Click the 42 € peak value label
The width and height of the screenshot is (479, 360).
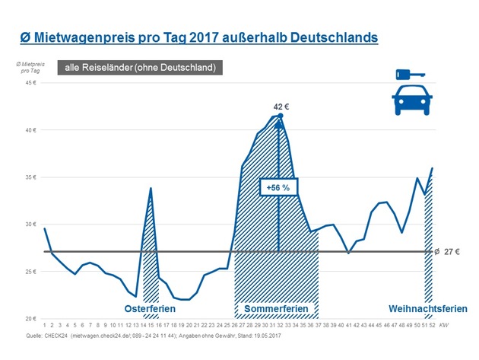pyautogui.click(x=281, y=106)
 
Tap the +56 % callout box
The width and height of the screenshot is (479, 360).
pyautogui.click(x=278, y=186)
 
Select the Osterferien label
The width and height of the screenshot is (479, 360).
pyautogui.click(x=151, y=308)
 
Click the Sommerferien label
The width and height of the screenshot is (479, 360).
pyautogui.click(x=277, y=308)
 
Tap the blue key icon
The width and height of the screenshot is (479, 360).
pyautogui.click(x=411, y=75)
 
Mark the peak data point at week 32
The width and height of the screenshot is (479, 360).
pyautogui.click(x=281, y=116)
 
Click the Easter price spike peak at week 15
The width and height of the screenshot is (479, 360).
pyautogui.click(x=151, y=188)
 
